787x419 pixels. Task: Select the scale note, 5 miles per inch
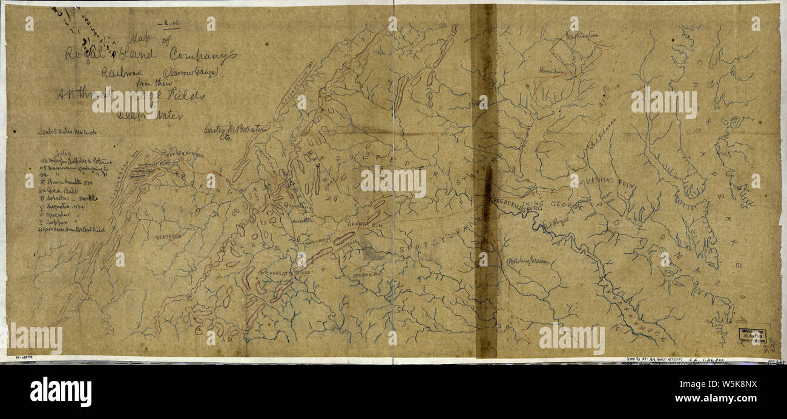pyautogui.click(x=68, y=131)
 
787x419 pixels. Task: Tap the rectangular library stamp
pyautogui.click(x=754, y=336)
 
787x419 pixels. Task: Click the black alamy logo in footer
pyautogui.click(x=61, y=391)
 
